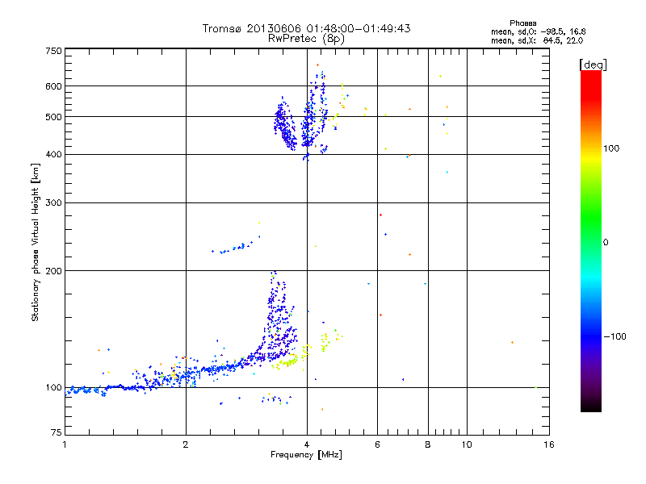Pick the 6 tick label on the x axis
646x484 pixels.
(377, 444)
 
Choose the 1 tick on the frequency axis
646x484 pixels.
(65, 444)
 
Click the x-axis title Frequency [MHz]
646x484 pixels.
(306, 455)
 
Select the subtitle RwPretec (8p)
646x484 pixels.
(306, 38)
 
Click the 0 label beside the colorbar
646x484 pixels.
(606, 242)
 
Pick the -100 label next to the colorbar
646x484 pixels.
(614, 336)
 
